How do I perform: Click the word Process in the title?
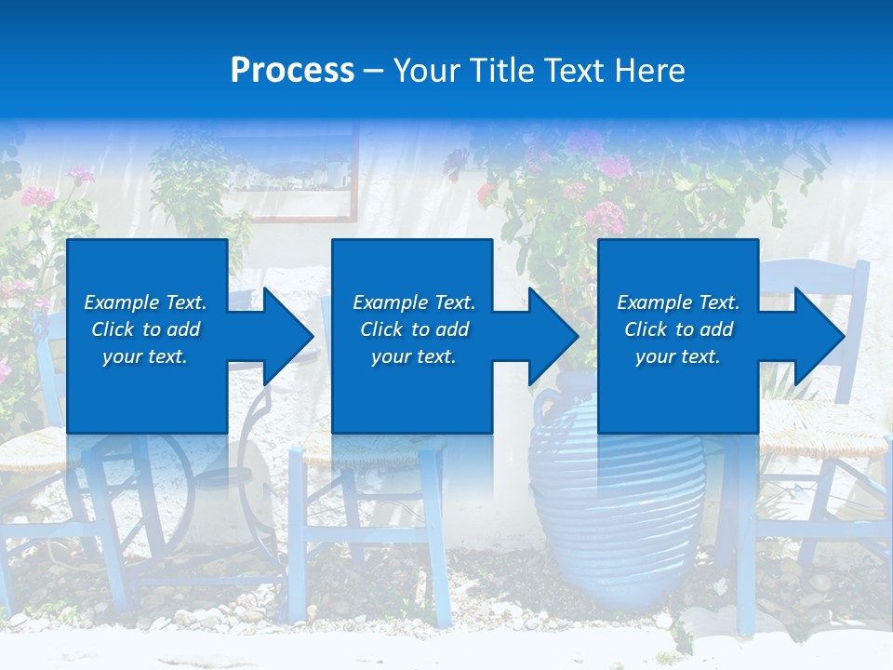coord(292,71)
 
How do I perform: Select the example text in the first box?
coord(145,329)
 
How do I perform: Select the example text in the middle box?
coord(414,329)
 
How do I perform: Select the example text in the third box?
coord(678,329)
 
